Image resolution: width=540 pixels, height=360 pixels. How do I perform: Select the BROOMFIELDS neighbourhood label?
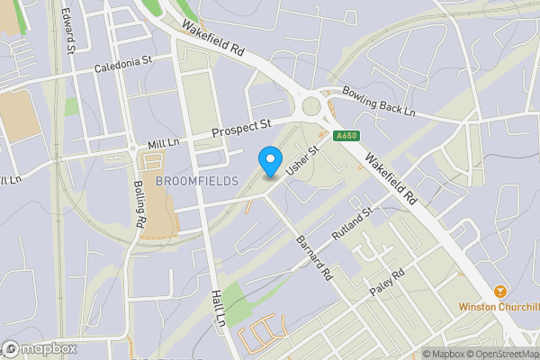pyautogui.click(x=196, y=181)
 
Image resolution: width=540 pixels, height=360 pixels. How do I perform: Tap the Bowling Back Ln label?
pyautogui.click(x=378, y=101)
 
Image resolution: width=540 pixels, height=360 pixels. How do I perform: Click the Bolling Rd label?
pyautogui.click(x=139, y=204)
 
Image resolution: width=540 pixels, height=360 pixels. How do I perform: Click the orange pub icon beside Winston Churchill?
pyautogui.click(x=500, y=292)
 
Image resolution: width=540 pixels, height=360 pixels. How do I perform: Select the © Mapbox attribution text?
pyautogui.click(x=446, y=354)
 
